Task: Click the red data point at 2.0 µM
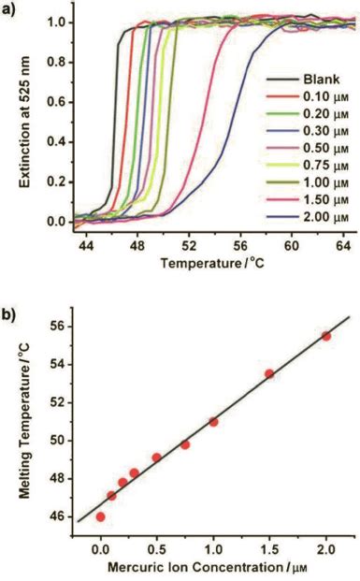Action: pyautogui.click(x=326, y=362)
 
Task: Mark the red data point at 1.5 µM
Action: pyautogui.click(x=269, y=399)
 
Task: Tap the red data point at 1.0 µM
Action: pyautogui.click(x=213, y=448)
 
